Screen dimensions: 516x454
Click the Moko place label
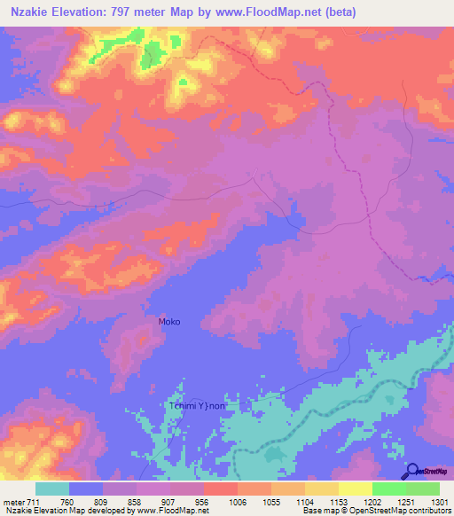(x=168, y=322)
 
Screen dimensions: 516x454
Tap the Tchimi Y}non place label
(x=200, y=406)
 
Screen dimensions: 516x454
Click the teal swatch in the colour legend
(x=52, y=489)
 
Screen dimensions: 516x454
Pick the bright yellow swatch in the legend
(x=355, y=489)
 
